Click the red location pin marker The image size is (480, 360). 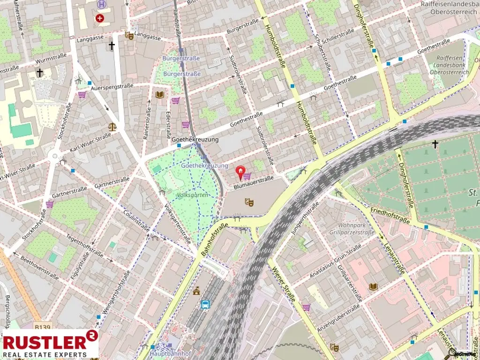[240, 172]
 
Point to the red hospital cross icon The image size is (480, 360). [99, 18]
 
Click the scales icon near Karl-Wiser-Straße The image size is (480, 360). [112, 126]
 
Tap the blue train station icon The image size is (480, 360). [205, 305]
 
